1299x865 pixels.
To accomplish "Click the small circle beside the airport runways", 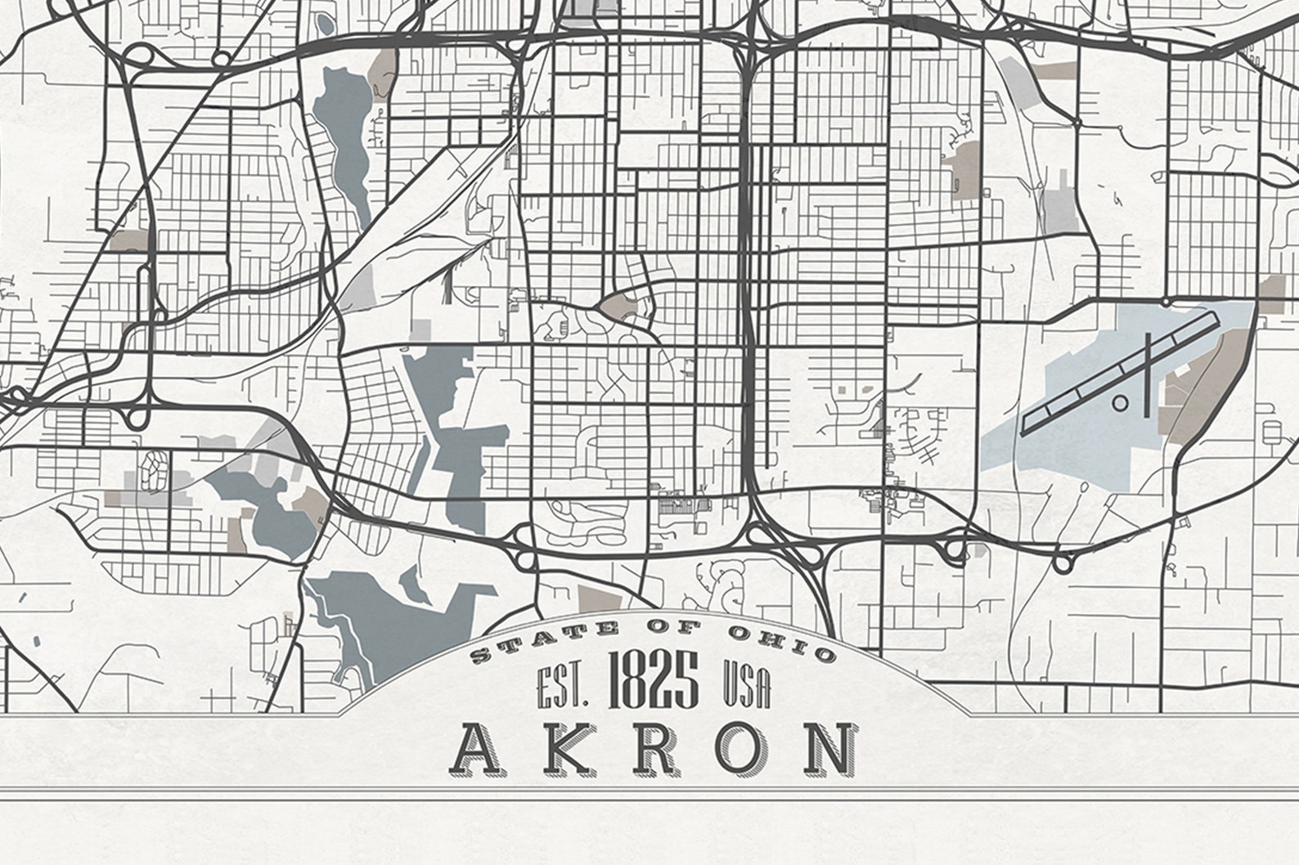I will [x=1120, y=402].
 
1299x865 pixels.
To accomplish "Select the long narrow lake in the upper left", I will [x=348, y=139].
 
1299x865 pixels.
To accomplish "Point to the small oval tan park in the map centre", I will [x=618, y=307].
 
